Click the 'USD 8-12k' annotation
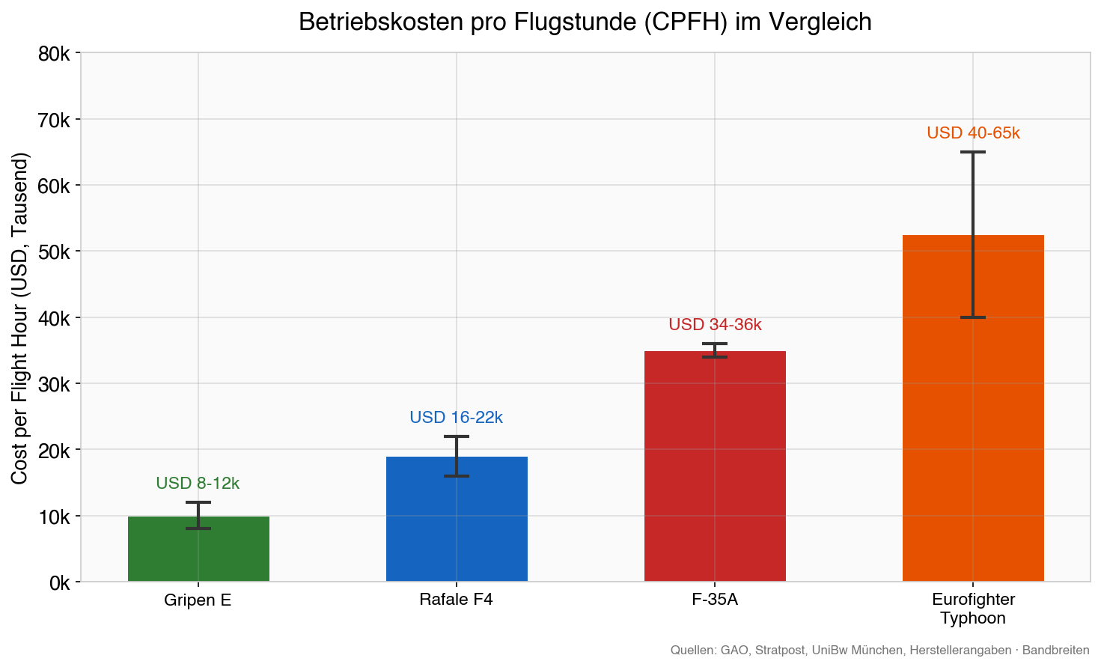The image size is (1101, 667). click(x=198, y=484)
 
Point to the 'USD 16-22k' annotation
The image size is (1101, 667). click(x=456, y=418)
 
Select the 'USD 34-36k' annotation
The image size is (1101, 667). click(x=715, y=325)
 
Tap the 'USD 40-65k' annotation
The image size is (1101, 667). click(x=973, y=133)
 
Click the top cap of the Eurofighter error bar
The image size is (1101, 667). click(x=973, y=152)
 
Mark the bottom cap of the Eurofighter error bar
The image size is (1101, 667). click(x=973, y=317)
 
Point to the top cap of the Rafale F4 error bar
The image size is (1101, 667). click(x=457, y=436)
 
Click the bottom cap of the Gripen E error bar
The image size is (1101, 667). click(x=198, y=529)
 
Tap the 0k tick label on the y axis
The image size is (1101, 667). click(x=58, y=582)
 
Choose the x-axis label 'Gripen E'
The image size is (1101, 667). click(x=198, y=600)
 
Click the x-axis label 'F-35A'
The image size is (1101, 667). click(x=715, y=600)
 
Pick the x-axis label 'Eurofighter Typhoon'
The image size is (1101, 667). click(x=973, y=609)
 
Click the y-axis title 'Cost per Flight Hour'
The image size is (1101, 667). click(x=20, y=318)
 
